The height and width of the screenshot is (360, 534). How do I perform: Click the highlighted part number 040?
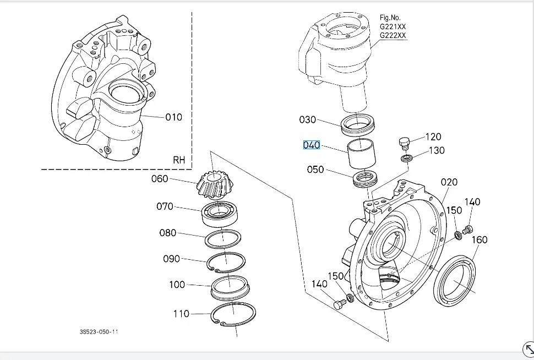pos(311,145)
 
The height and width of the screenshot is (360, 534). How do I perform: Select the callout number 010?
pos(173,117)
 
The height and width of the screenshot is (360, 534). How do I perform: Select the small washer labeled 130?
pos(407,159)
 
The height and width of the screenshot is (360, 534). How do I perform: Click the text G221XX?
pos(393,26)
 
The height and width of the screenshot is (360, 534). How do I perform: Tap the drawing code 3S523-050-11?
pos(99,332)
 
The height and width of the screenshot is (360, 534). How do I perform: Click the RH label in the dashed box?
pos(179,160)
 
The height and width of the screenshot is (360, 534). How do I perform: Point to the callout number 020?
pos(449,182)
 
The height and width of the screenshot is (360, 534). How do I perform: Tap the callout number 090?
pos(171,259)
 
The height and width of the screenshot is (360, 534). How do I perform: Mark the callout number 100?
pos(177,285)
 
